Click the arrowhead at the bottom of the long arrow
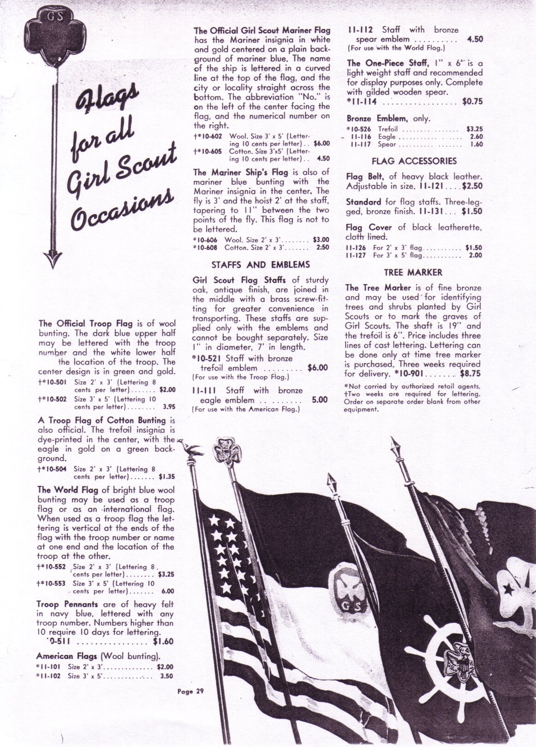[52, 258]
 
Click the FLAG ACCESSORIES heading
[414, 161]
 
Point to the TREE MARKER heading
[413, 272]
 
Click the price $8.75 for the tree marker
[470, 374]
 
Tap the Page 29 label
[191, 691]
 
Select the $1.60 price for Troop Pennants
[163, 641]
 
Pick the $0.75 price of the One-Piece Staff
[472, 102]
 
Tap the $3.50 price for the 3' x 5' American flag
[166, 676]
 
